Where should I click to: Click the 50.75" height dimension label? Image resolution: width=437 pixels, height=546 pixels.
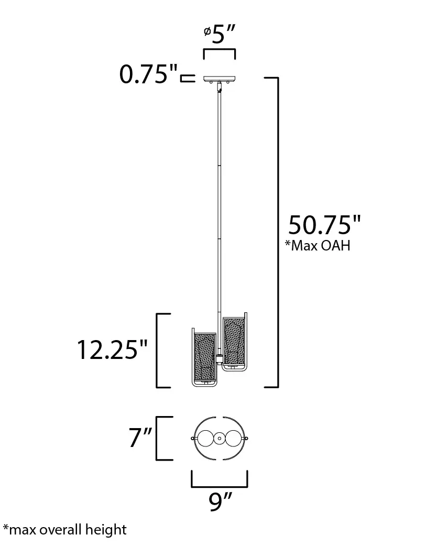point(324,225)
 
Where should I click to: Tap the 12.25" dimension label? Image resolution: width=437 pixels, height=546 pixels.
point(113,350)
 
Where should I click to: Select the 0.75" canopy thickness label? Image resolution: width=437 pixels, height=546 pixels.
point(148,75)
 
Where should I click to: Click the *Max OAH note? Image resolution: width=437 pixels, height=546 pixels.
point(318,246)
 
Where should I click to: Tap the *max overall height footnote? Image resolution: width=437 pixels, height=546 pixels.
point(64,529)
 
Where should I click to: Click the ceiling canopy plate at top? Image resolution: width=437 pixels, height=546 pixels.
point(220,79)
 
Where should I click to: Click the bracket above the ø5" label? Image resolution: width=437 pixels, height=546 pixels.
point(220,51)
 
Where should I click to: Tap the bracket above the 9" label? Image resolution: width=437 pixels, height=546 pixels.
point(220,478)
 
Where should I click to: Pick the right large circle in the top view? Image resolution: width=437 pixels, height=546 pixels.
point(233,438)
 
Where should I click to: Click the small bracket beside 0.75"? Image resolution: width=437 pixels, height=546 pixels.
point(185,79)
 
